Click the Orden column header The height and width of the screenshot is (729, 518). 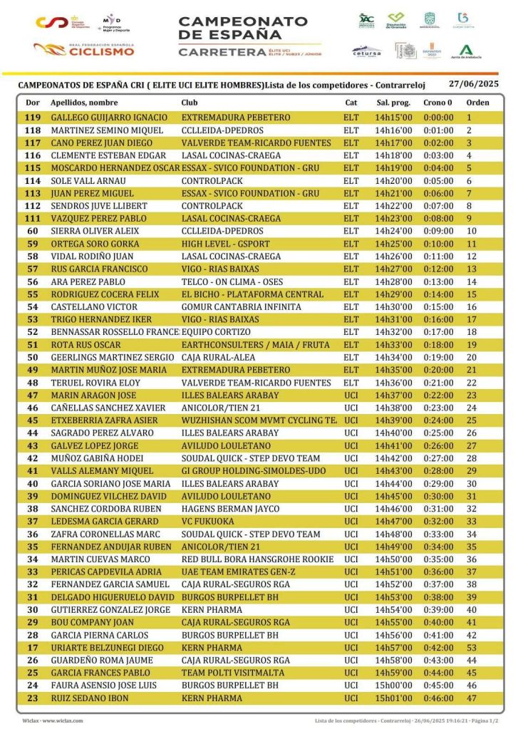(477, 103)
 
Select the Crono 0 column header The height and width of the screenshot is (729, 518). (437, 103)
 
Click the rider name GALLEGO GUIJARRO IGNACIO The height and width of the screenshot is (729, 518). (109, 118)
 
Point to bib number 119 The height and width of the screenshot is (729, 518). (33, 118)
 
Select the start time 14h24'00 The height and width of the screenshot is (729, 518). (393, 231)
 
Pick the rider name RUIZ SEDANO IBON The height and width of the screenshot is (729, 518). (90, 698)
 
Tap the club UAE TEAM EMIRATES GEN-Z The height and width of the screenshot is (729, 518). (238, 572)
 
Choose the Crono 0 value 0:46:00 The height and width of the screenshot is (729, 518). (438, 698)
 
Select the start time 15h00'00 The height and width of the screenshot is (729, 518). (393, 686)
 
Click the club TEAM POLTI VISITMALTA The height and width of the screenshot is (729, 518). (230, 673)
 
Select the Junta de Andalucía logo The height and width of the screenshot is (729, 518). (466, 51)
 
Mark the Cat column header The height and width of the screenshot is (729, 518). (351, 103)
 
